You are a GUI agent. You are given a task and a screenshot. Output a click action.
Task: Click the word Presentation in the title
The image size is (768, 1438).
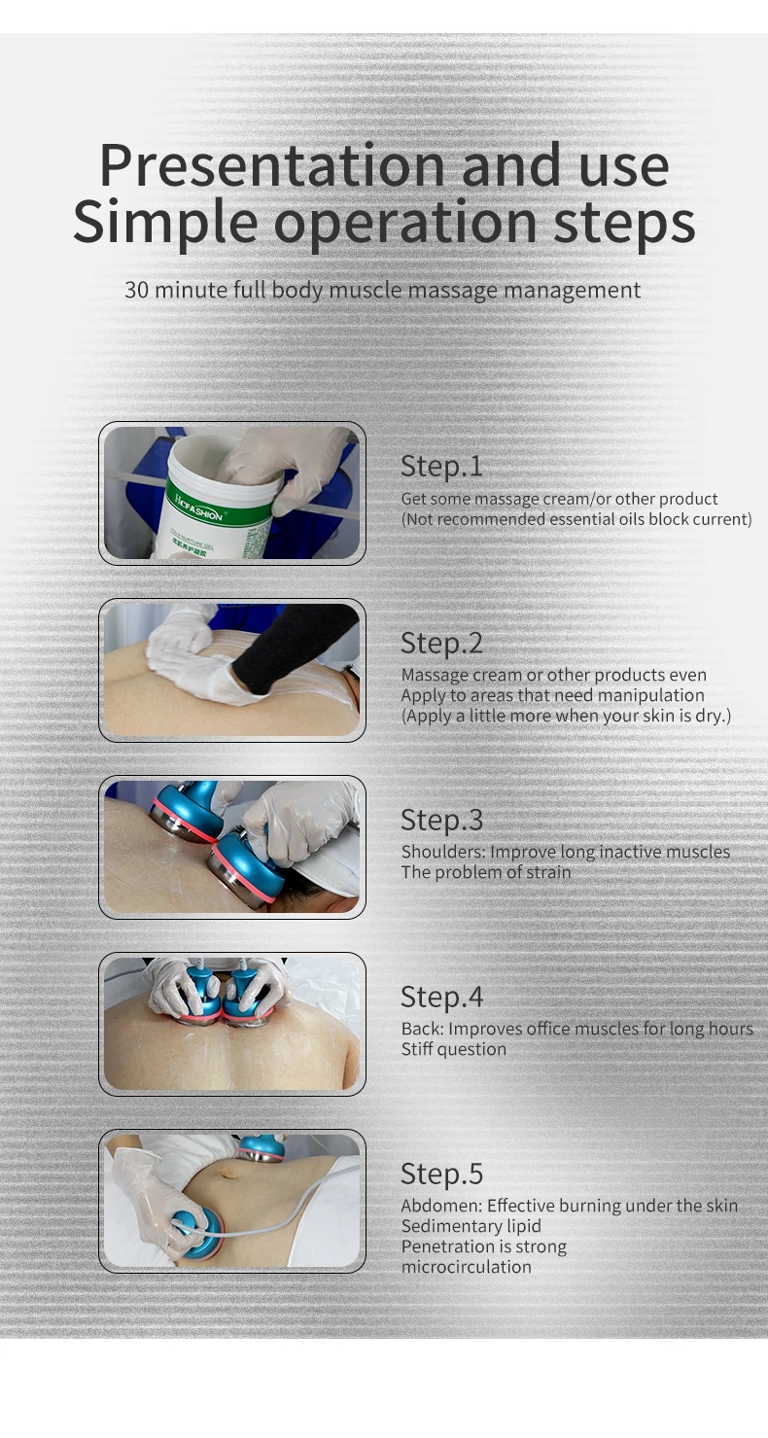click(272, 165)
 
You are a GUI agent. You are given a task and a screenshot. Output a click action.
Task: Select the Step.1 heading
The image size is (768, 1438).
click(441, 466)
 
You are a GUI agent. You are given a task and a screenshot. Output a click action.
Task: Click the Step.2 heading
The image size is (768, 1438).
click(441, 644)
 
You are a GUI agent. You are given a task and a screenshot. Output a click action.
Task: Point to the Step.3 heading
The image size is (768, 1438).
click(441, 820)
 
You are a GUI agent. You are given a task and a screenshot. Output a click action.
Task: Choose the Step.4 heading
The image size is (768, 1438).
click(441, 997)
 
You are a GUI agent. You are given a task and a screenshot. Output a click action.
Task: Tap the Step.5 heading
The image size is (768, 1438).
click(441, 1174)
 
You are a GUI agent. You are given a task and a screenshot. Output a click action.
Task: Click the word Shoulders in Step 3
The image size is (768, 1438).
click(443, 852)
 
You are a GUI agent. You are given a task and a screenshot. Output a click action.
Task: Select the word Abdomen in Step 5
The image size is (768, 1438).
click(441, 1206)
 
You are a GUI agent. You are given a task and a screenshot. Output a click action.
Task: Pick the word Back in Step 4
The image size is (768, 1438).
click(423, 1029)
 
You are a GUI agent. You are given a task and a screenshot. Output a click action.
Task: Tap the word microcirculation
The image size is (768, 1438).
click(467, 1267)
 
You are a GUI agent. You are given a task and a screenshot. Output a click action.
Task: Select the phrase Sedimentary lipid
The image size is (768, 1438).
click(471, 1226)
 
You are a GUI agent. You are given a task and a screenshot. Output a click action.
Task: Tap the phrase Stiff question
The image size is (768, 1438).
click(453, 1049)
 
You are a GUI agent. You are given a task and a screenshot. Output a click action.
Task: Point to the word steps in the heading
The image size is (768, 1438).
click(624, 224)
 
